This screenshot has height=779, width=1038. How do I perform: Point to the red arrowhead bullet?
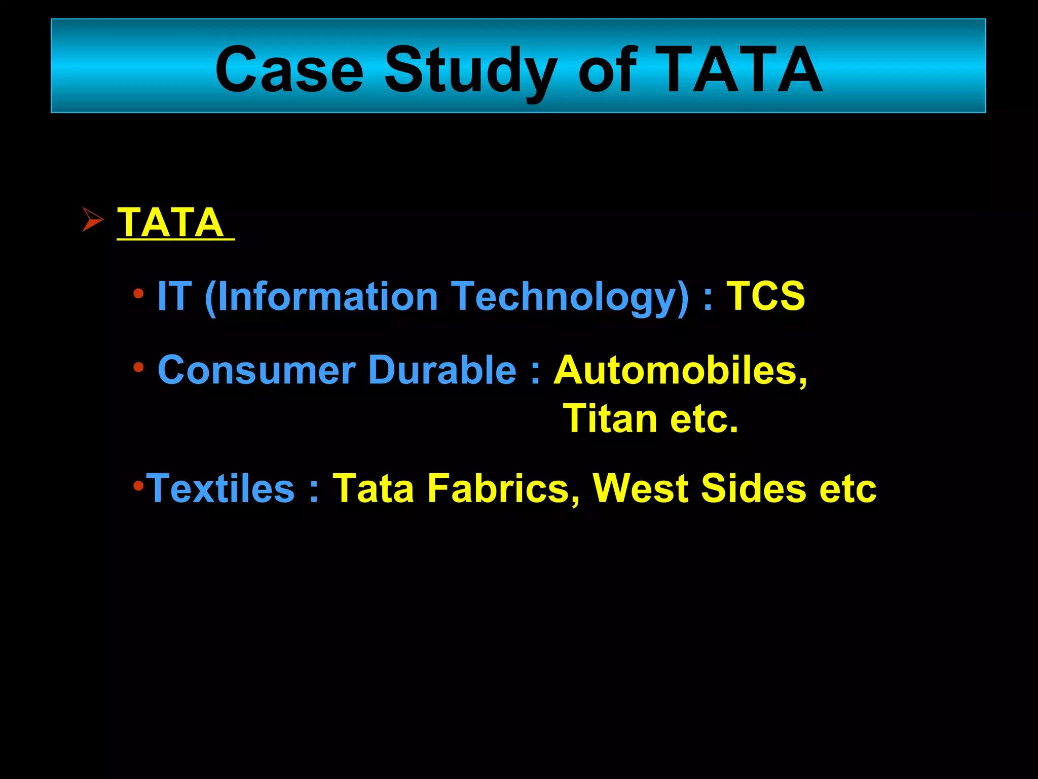[93, 220]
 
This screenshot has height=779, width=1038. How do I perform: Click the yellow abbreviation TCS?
[766, 296]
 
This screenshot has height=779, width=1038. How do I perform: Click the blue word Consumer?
[257, 370]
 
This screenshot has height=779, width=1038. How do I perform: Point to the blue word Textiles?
[220, 488]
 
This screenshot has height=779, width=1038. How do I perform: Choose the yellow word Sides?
[753, 488]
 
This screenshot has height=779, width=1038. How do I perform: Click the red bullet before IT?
[138, 293]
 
